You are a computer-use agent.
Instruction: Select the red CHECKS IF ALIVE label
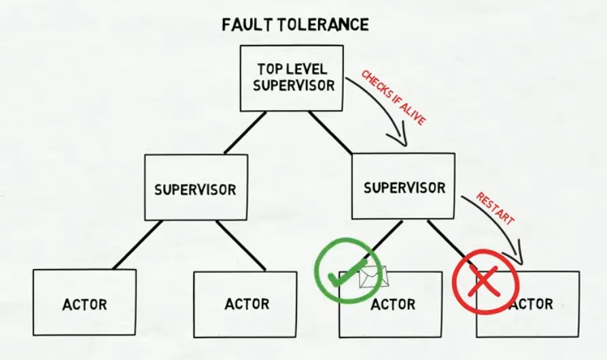pyautogui.click(x=393, y=96)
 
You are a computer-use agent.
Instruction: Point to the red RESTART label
pyautogui.click(x=495, y=210)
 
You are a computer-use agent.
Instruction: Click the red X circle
pyautogui.click(x=485, y=280)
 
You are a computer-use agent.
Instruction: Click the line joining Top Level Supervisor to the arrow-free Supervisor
pyautogui.click(x=245, y=132)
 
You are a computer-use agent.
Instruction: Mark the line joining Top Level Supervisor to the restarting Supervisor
pyautogui.click(x=330, y=132)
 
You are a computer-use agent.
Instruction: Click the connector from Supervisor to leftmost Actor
pyautogui.click(x=137, y=245)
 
